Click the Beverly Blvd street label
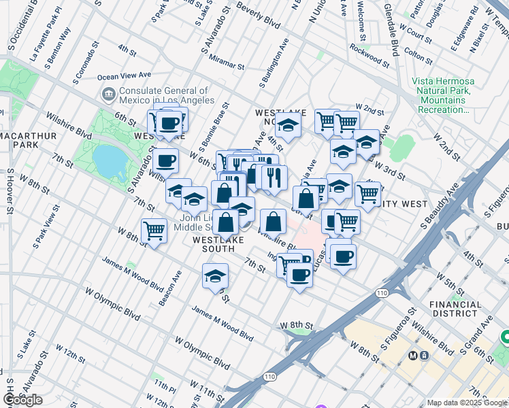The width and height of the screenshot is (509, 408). (259, 14)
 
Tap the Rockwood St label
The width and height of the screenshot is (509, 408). (369, 56)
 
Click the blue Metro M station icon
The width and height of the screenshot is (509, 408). (412, 355)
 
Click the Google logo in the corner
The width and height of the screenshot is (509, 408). (22, 400)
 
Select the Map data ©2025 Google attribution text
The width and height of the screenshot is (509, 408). (466, 403)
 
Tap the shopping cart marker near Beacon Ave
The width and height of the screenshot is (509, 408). (154, 231)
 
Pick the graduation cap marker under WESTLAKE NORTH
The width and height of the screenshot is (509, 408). (288, 125)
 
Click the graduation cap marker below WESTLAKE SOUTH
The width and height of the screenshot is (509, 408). (215, 275)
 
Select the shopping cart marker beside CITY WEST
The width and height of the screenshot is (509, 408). (367, 193)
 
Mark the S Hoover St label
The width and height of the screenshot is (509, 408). (10, 197)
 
